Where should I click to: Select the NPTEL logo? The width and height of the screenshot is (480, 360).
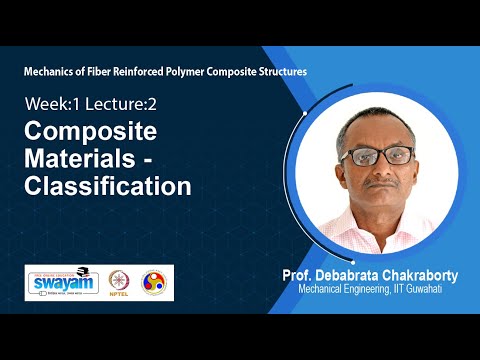point(124,282)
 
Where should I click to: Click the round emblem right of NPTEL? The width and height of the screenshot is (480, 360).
point(154,282)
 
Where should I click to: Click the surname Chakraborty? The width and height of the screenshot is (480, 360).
point(420,275)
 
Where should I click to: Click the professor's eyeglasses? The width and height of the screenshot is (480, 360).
point(369,156)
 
